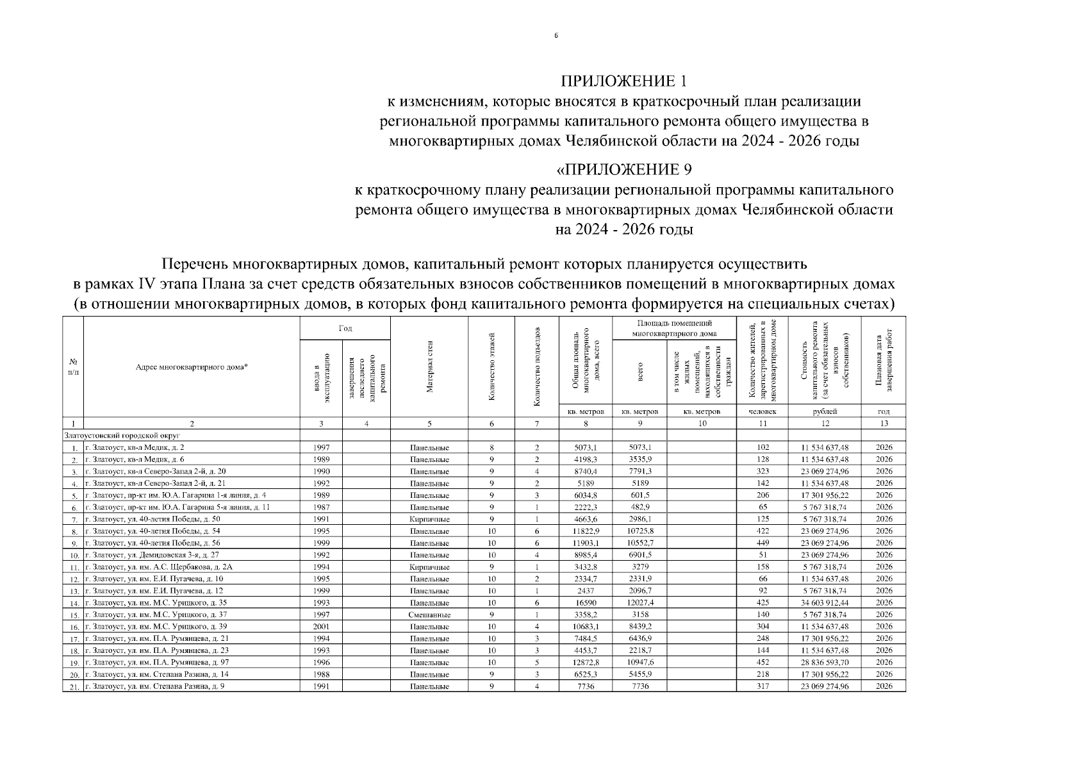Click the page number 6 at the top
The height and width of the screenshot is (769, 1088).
click(556, 36)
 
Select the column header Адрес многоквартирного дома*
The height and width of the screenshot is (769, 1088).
click(192, 367)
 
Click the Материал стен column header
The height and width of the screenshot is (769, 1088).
click(429, 367)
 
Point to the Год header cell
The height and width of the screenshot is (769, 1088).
click(345, 328)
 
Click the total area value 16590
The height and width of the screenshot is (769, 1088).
click(586, 603)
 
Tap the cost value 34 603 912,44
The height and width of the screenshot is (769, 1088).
click(825, 603)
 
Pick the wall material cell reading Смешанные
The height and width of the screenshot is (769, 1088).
click(429, 615)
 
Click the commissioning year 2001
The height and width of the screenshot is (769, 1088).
click(321, 627)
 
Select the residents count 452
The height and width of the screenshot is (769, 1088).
click(762, 663)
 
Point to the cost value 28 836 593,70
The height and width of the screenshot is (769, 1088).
click(825, 663)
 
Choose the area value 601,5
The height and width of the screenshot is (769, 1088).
click(639, 495)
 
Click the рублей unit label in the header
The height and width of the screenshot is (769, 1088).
click(825, 411)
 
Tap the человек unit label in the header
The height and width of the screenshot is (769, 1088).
click(762, 411)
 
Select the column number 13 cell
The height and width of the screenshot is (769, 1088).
click(884, 424)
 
